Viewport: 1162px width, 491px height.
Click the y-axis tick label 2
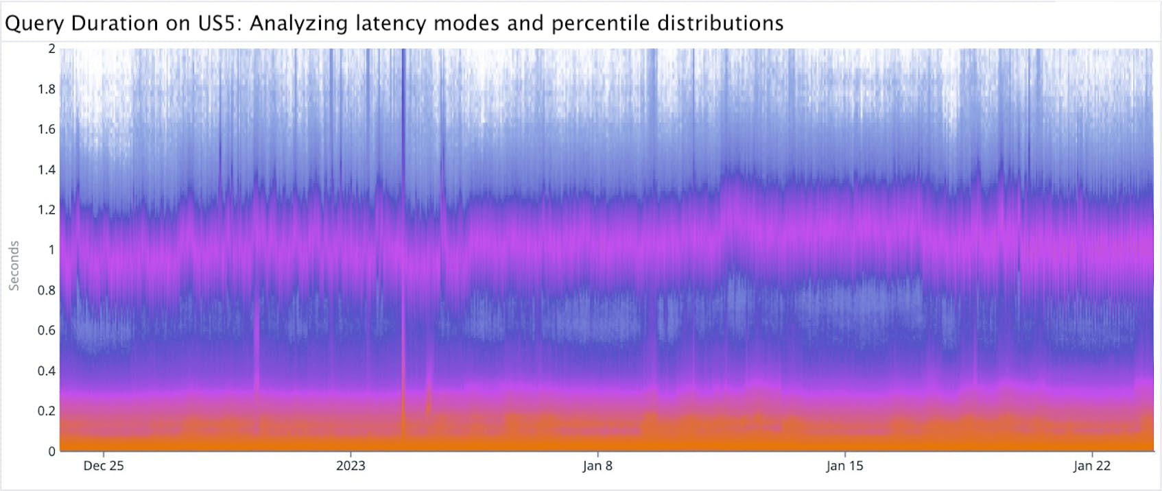pos(51,49)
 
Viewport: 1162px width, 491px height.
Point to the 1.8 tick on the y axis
pos(47,89)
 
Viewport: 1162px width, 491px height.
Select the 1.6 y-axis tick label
pos(47,129)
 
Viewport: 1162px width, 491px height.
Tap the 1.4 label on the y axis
pos(47,169)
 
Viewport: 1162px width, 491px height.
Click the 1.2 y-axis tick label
pos(47,210)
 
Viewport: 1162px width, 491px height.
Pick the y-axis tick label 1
pos(51,250)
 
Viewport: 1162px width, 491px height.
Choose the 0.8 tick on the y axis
pos(47,290)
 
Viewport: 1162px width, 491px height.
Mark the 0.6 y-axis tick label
pos(47,330)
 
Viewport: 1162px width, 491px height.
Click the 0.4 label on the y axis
pos(47,370)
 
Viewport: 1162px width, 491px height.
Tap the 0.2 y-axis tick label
pos(47,411)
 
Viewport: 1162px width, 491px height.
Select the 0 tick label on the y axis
pos(51,451)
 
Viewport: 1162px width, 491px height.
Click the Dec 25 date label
pos(104,466)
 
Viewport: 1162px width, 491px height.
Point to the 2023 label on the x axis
pos(351,466)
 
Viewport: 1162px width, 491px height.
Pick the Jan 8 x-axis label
pos(597,466)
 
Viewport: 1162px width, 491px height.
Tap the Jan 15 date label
pos(844,466)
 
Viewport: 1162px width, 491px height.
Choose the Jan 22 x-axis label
pos(1091,466)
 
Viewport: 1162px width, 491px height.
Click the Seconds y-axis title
pos(14,266)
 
